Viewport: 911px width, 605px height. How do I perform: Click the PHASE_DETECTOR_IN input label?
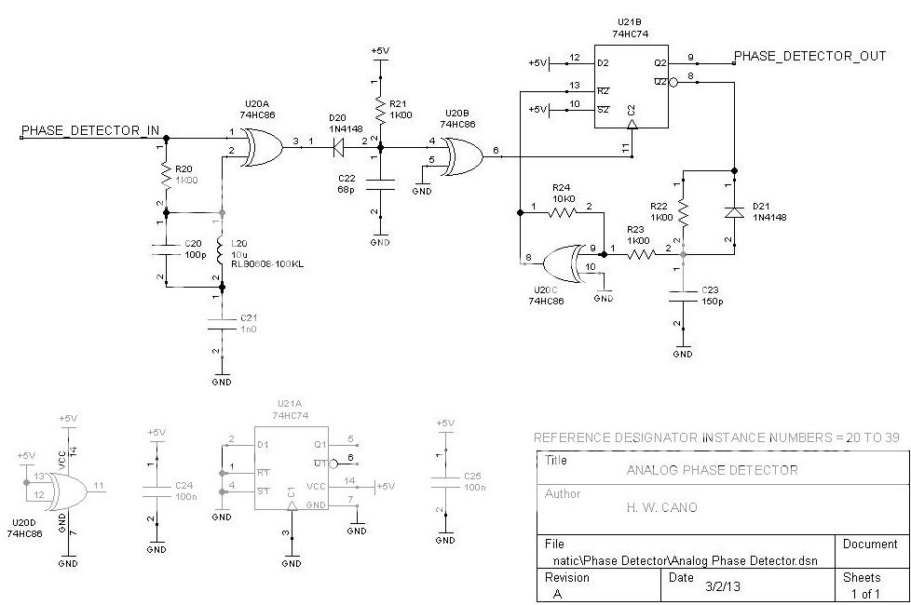click(x=90, y=129)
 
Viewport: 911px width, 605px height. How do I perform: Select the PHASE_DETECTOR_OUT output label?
click(x=809, y=56)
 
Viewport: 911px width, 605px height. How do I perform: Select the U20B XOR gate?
click(x=462, y=155)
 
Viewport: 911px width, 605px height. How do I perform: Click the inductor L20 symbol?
click(x=222, y=251)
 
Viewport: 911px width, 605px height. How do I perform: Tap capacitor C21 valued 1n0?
click(x=222, y=323)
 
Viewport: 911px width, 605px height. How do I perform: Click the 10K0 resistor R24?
click(x=562, y=212)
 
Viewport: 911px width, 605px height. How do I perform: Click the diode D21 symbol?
click(x=734, y=212)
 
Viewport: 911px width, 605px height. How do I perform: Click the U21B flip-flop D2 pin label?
click(x=603, y=62)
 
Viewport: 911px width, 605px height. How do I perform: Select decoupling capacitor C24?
click(x=156, y=491)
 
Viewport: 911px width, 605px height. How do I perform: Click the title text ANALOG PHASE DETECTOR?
click(x=713, y=470)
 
